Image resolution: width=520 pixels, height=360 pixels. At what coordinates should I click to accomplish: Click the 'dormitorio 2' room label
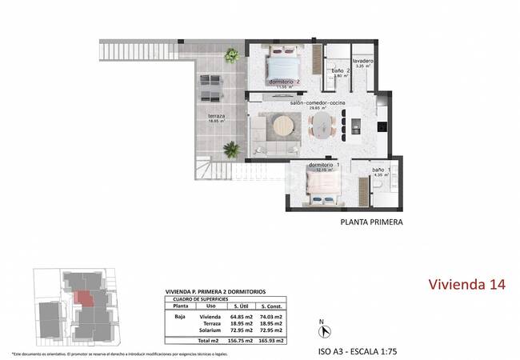click(284, 81)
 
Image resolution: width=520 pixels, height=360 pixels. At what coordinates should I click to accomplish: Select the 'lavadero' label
click(362, 61)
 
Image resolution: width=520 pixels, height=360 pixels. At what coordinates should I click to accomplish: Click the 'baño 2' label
click(338, 71)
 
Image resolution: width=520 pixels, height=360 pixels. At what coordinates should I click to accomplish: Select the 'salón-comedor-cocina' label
click(316, 103)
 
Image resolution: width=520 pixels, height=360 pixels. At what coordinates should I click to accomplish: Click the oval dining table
click(321, 126)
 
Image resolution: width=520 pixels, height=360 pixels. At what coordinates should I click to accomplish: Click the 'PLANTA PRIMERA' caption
click(371, 223)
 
